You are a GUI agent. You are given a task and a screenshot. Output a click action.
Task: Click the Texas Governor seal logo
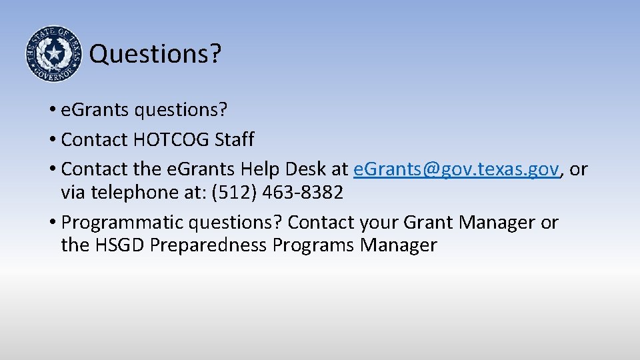click(x=53, y=53)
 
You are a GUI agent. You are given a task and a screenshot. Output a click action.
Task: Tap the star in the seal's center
click(x=53, y=52)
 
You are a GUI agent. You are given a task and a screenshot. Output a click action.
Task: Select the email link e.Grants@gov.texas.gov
click(x=456, y=169)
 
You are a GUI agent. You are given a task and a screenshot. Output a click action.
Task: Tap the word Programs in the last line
click(x=313, y=245)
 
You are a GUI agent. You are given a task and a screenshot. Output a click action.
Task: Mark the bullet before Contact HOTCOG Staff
click(x=51, y=140)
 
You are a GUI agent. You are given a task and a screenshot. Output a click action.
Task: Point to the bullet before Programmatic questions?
click(x=51, y=223)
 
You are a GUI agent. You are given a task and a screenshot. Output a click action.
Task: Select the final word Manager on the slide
click(x=398, y=245)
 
